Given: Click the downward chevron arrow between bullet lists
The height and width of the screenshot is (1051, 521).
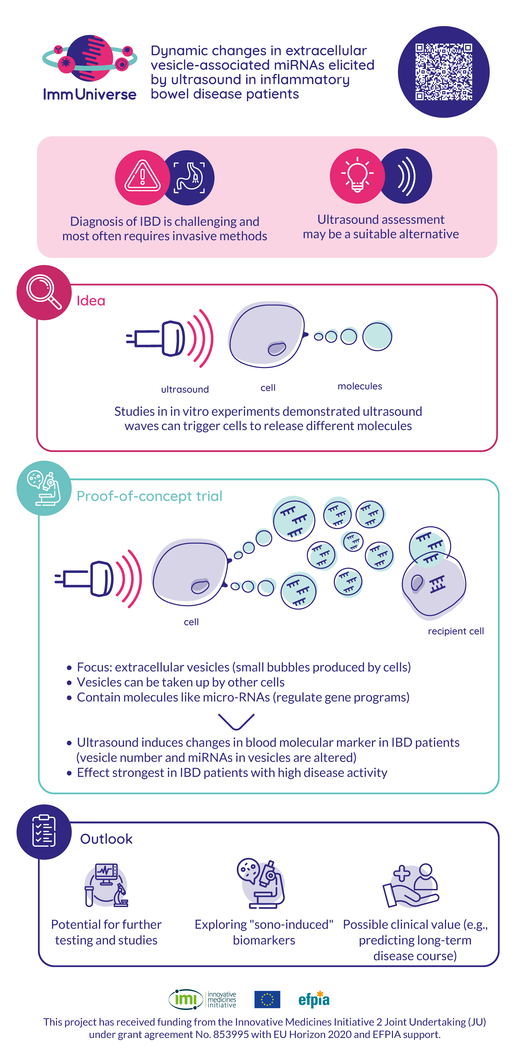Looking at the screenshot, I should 236,721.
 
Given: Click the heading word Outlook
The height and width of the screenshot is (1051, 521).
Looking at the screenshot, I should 106,839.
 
